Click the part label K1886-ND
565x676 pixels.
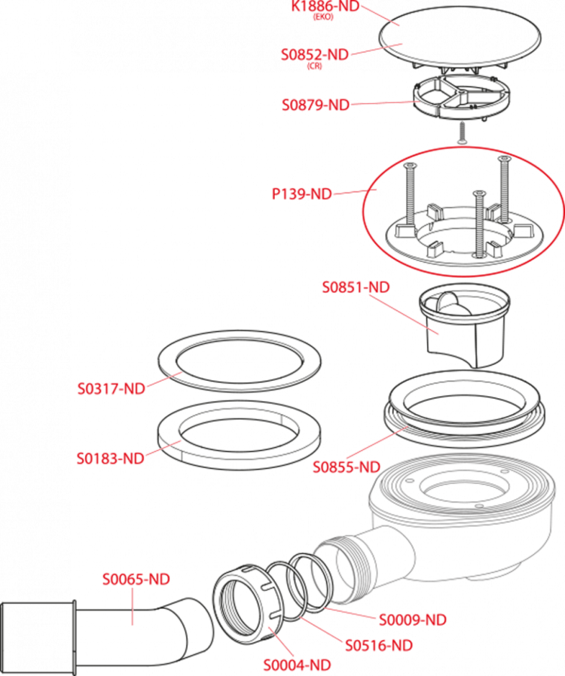(x=325, y=7)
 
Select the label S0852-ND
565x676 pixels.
(x=315, y=55)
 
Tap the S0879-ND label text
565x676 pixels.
(x=316, y=105)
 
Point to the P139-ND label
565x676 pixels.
(x=302, y=194)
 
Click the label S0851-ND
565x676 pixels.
(x=356, y=287)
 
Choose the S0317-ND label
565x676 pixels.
(x=111, y=388)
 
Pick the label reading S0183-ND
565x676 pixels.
(x=111, y=458)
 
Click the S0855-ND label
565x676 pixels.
(x=347, y=467)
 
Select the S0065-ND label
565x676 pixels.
(x=136, y=579)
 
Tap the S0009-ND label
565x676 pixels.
(x=413, y=620)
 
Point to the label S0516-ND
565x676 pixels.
(x=379, y=645)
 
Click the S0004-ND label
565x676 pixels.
(x=297, y=665)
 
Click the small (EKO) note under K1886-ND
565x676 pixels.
(x=323, y=17)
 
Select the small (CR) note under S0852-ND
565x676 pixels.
(x=314, y=66)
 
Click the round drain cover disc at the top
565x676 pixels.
(x=460, y=40)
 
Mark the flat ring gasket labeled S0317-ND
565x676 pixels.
(x=240, y=361)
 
